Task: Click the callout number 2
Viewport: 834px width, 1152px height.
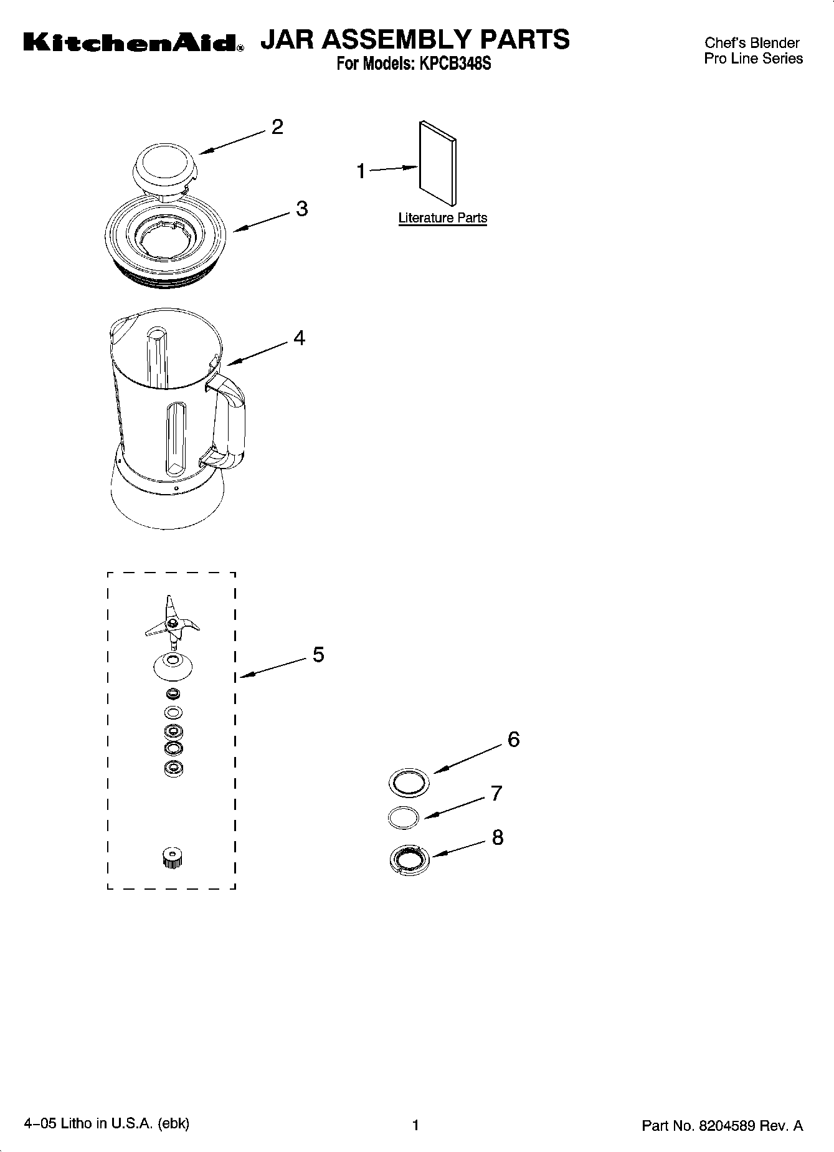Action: pos(277,127)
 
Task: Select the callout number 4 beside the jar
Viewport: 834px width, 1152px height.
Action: pos(299,338)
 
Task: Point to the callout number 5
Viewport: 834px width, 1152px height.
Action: pos(318,654)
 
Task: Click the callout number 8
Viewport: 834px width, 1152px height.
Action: pos(497,837)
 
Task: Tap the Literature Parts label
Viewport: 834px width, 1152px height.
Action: pos(442,218)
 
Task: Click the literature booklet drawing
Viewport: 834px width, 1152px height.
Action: pos(437,163)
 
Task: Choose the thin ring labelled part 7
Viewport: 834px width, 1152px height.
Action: pos(403,817)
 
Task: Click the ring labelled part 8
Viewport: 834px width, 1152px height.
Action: pos(408,860)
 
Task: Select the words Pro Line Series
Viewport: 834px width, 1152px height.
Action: pos(753,59)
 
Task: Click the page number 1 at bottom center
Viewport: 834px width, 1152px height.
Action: pos(415,1125)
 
